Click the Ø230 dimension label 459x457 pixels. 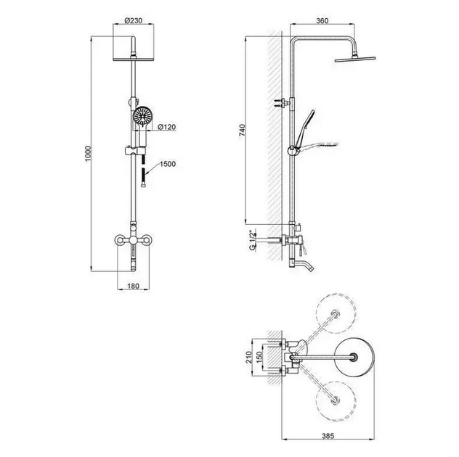click(134, 21)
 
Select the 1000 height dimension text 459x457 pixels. click(88, 155)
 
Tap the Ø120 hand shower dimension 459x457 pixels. click(167, 127)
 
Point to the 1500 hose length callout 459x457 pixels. click(168, 164)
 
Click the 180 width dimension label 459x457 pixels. click(133, 286)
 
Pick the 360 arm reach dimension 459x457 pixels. click(322, 21)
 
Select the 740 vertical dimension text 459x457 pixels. click(243, 130)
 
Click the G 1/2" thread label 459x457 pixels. click(252, 240)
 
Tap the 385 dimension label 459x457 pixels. click(328, 436)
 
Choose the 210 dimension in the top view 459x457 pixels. click(249, 357)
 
